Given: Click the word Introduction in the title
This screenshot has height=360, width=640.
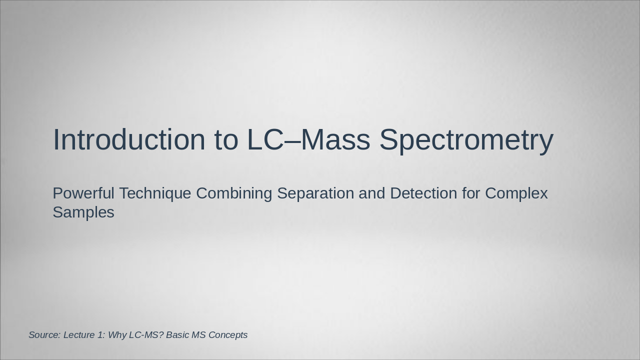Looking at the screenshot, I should coord(129,139).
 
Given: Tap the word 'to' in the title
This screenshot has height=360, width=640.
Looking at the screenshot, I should coord(226,139).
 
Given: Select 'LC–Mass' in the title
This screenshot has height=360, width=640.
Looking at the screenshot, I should coord(308,139).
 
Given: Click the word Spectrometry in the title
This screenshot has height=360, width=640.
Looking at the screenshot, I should coord(466,139).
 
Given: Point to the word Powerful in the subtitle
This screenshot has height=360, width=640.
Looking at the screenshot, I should coord(83,193).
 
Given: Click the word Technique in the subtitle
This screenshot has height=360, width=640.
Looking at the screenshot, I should coord(155,193).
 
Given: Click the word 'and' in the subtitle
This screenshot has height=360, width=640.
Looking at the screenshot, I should coord(372,193).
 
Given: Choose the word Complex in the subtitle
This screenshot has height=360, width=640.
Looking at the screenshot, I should coord(516,193).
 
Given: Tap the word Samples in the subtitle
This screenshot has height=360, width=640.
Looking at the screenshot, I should coord(83,212).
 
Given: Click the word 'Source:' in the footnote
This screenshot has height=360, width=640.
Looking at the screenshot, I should coord(44,335).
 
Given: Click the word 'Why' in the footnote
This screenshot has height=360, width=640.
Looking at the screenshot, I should coord(117,335).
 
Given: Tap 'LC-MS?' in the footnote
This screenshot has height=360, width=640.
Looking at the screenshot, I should coord(146,335).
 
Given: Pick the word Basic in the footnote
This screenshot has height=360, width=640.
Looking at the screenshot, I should coord(177,335).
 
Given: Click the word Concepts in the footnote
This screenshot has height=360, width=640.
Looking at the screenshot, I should coord(227,335).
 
